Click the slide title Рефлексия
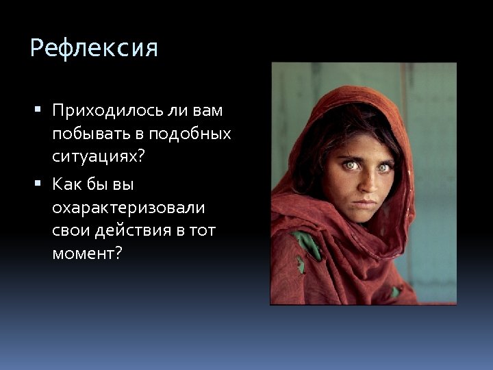click(x=94, y=49)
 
